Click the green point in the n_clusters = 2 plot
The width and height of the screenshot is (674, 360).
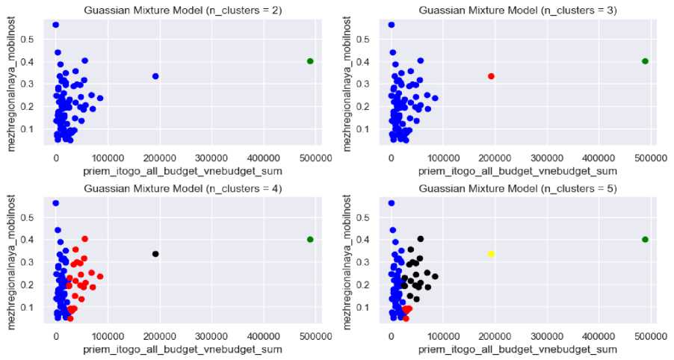click(310, 61)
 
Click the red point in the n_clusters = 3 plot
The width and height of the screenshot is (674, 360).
click(491, 76)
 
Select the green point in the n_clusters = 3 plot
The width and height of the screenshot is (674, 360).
click(645, 61)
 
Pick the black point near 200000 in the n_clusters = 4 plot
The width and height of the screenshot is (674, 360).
click(155, 254)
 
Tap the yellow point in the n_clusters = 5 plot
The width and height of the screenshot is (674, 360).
click(491, 254)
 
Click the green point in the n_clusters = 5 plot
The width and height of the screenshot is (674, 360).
click(645, 239)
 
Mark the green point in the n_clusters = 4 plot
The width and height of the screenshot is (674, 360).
click(310, 239)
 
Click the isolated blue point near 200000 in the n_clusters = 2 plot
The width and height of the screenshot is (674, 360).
click(155, 76)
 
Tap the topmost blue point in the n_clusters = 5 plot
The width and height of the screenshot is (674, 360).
click(391, 203)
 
